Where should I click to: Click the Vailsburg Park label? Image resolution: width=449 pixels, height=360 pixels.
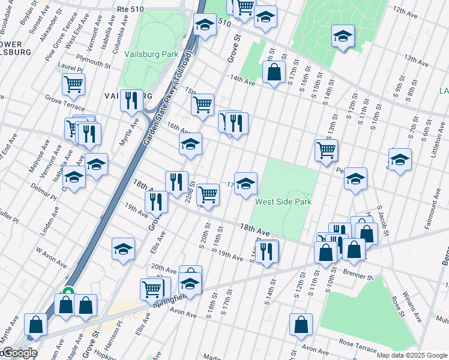point(152,54)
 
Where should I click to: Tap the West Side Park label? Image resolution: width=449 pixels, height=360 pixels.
point(283,202)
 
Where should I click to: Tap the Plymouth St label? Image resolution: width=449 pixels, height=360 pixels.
point(93,61)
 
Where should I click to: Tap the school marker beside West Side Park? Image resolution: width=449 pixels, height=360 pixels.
point(246,184)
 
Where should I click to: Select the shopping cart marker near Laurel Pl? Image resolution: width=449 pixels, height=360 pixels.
point(73,85)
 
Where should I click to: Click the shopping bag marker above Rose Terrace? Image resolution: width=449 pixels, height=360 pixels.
point(301,325)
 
